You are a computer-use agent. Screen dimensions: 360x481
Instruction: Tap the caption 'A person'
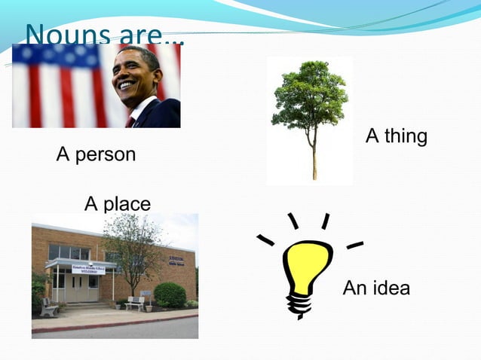coord(96,154)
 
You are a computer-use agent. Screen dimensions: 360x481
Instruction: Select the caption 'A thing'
coord(396,136)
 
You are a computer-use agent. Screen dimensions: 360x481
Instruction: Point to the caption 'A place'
coord(117,203)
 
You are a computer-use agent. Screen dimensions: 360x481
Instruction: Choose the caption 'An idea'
coord(376,287)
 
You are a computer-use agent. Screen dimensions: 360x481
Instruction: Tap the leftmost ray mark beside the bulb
coord(265,239)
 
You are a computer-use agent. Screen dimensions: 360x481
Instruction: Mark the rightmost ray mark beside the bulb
coord(354,245)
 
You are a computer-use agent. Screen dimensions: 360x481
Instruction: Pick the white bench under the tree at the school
coord(136,303)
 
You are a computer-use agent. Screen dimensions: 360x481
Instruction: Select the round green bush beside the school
coord(170,294)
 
